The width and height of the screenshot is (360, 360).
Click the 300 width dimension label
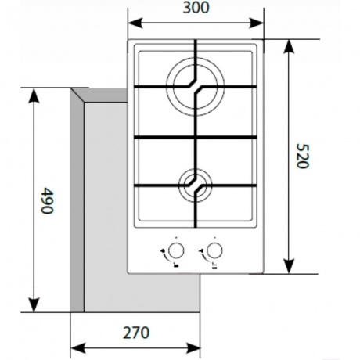[196, 8]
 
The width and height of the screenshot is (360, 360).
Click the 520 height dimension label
[303, 156]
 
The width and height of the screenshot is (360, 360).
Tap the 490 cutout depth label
[48, 200]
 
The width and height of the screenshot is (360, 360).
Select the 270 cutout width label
[136, 333]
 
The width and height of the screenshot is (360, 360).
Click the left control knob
[176, 250]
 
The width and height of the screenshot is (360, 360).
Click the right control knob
[214, 250]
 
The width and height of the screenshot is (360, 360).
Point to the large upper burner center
[196, 87]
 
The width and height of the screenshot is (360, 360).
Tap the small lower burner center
[196, 185]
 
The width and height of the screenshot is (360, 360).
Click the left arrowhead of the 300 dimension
[135, 23]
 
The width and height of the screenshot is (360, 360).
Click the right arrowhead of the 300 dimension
[257, 23]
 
